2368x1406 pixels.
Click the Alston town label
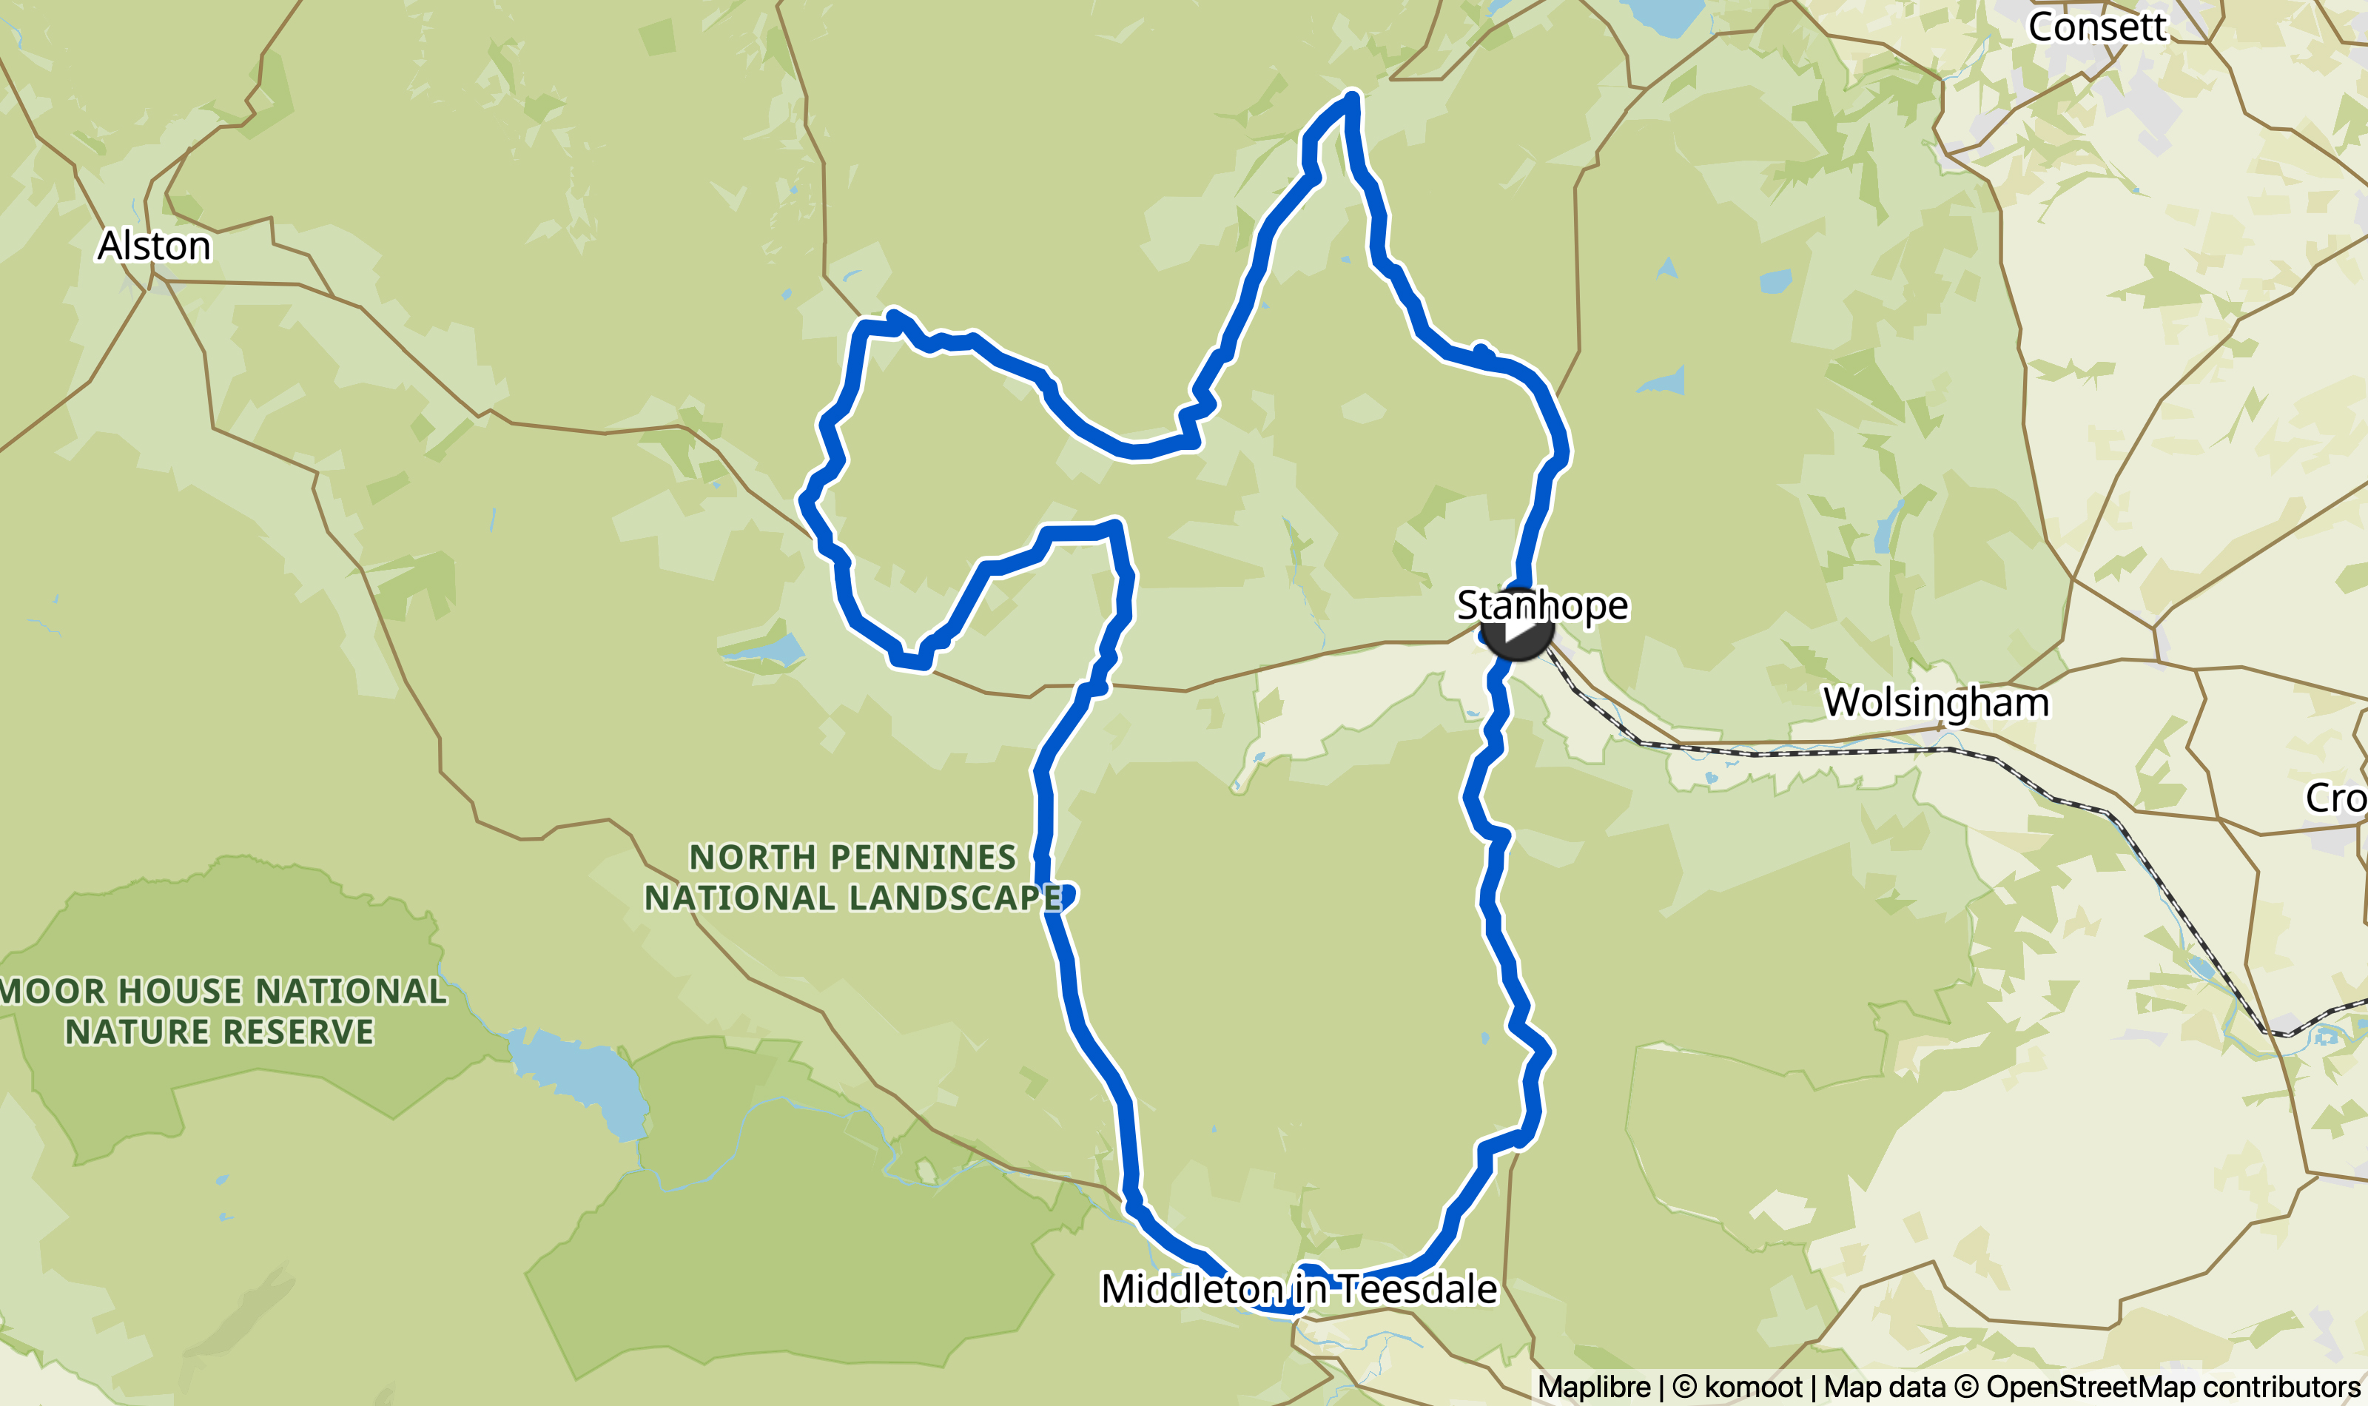[x=155, y=246]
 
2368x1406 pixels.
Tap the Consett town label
[x=2096, y=27]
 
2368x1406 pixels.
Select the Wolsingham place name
[x=1936, y=702]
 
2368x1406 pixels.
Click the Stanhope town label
[x=1542, y=605]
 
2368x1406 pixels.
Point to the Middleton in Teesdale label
[x=1299, y=1288]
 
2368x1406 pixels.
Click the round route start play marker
[x=1516, y=629]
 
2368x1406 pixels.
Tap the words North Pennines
[x=852, y=856]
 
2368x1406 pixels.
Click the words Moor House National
[x=223, y=991]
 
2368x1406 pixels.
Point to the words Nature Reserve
[x=220, y=1032]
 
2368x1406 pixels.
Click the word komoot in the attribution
[x=1752, y=1387]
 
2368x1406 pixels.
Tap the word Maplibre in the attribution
[x=1593, y=1387]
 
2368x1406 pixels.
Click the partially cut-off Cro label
[x=2335, y=798]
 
